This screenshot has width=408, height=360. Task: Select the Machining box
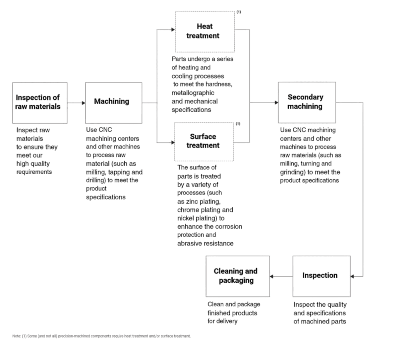[x=113, y=102]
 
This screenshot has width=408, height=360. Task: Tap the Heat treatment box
[x=205, y=31]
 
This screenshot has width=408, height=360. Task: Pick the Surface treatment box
[x=204, y=141]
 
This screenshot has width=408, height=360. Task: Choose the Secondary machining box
[x=306, y=102]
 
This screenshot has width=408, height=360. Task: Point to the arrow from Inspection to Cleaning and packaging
[x=281, y=276]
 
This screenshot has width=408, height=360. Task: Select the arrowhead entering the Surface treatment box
[x=173, y=142]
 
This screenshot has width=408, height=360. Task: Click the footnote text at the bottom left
[x=102, y=336]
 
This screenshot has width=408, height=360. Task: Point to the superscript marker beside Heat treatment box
[x=239, y=12]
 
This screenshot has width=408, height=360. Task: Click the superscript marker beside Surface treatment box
[x=238, y=124]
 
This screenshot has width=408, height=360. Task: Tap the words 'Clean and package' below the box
[x=233, y=305]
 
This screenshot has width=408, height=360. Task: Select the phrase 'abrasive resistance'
[x=205, y=243]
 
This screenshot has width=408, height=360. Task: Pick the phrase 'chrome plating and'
[x=205, y=210]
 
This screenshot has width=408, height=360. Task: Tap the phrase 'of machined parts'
[x=320, y=321]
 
